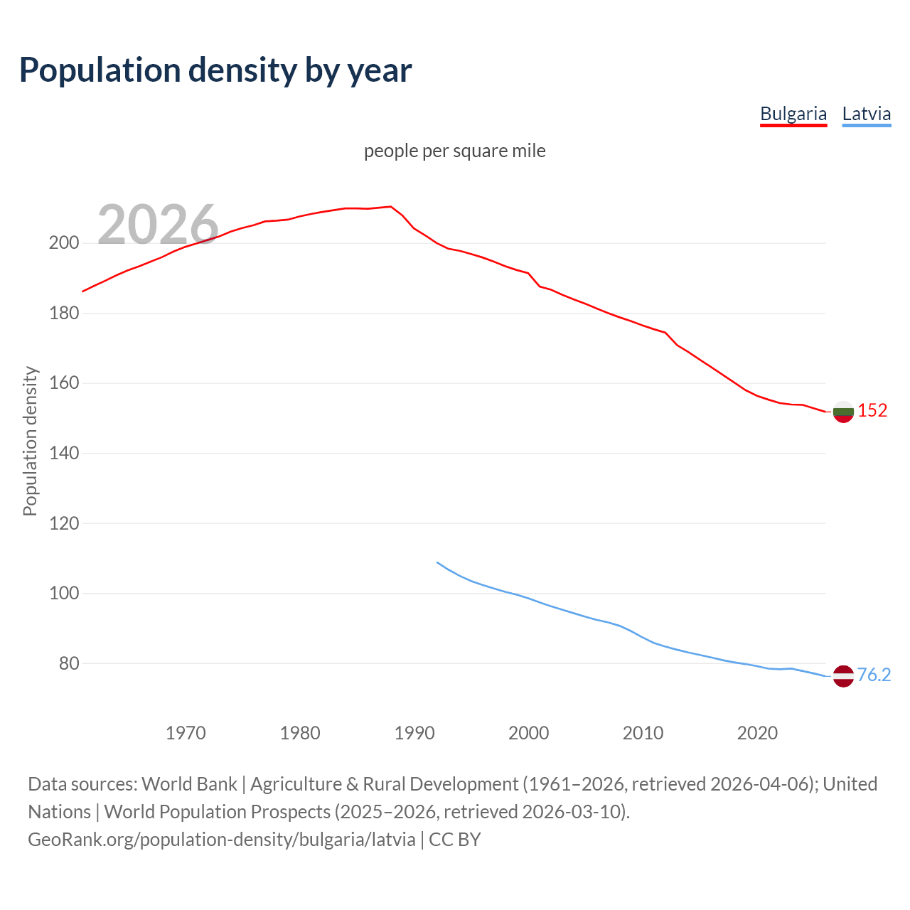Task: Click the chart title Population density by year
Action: (x=215, y=70)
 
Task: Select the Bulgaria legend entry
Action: (x=793, y=114)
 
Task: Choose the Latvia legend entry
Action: (x=866, y=114)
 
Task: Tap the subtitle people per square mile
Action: (x=455, y=151)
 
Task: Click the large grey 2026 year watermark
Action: (x=158, y=225)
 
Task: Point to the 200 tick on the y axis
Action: (x=63, y=243)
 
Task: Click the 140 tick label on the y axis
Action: (x=63, y=453)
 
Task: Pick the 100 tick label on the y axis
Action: (x=63, y=593)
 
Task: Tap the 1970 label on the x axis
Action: (x=186, y=733)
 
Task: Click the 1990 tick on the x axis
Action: (x=414, y=733)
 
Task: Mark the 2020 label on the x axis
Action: (x=757, y=733)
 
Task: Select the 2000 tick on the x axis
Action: (x=529, y=733)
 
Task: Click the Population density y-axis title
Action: (x=30, y=441)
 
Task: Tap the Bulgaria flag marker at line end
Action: (x=843, y=412)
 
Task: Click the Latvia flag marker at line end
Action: (x=843, y=675)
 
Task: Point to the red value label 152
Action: (x=872, y=411)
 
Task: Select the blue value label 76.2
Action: (x=874, y=675)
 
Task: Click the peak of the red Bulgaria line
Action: (x=391, y=207)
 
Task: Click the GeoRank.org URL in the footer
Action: (x=222, y=840)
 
